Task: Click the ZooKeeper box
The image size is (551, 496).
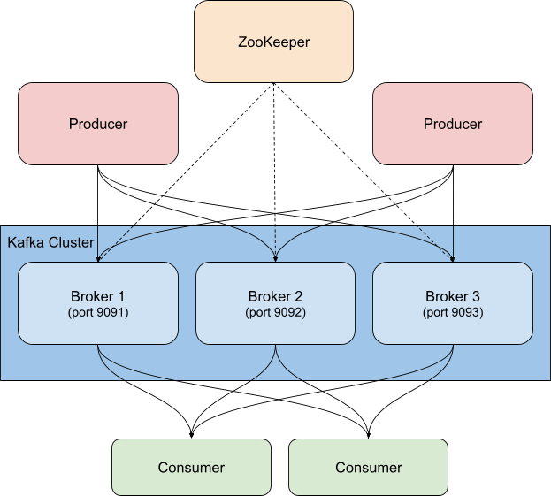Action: [x=274, y=42]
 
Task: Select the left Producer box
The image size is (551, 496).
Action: [x=98, y=124]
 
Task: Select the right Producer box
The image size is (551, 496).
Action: [x=453, y=124]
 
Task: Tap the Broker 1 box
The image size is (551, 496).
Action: [x=98, y=302]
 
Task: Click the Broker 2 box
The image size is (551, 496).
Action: [x=275, y=302]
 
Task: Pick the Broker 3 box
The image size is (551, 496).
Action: [x=453, y=302]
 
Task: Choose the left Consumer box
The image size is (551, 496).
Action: [x=191, y=467]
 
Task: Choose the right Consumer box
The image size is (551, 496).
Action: [x=368, y=467]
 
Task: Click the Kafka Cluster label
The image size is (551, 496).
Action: [x=51, y=242]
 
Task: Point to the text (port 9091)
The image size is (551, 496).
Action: [x=98, y=312]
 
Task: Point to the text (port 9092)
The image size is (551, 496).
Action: [x=275, y=312]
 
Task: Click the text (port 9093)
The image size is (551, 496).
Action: [x=453, y=312]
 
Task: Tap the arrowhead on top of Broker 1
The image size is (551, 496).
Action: [x=98, y=258]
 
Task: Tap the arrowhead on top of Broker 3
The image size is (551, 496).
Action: [x=453, y=258]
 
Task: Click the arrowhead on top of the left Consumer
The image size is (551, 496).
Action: [x=191, y=434]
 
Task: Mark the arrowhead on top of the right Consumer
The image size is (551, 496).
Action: [x=368, y=434]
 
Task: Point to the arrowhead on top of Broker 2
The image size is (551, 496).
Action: [x=275, y=258]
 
